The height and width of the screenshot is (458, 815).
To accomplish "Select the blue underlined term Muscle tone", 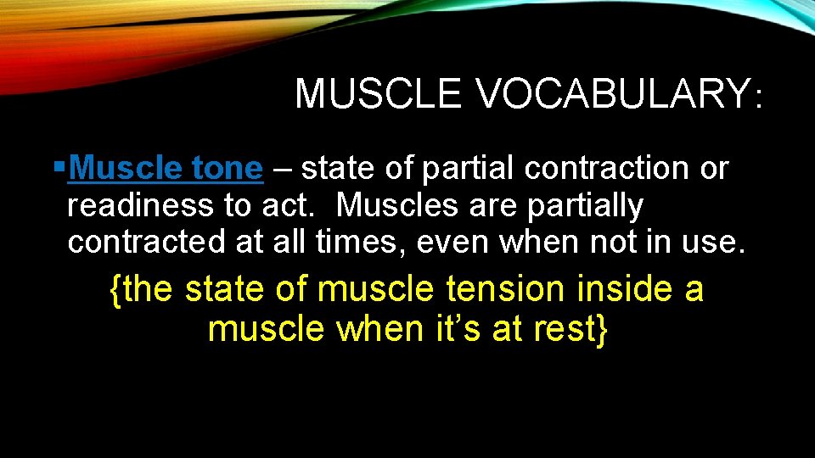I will click(166, 169).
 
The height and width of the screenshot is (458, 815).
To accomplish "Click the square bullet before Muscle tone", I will click(58, 167).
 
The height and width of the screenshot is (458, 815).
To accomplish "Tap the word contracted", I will click(139, 242).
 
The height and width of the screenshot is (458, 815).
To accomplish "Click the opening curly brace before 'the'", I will click(115, 291).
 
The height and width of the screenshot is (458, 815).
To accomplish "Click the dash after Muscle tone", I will click(282, 170).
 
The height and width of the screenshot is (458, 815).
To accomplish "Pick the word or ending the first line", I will click(713, 169).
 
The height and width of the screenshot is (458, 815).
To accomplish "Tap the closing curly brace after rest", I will click(602, 329).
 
